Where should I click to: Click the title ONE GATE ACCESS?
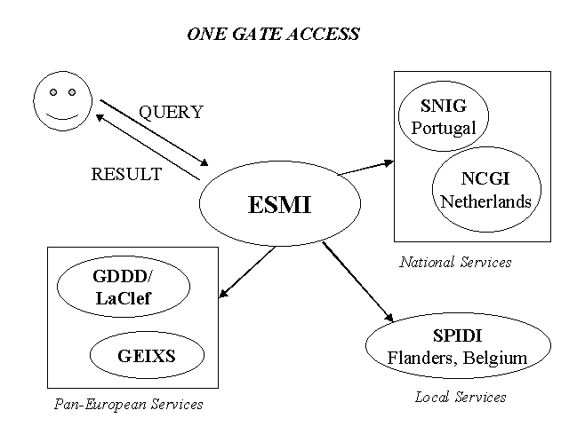click(274, 35)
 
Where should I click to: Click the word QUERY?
click(171, 113)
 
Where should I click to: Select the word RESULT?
click(126, 174)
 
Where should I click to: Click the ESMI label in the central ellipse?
click(279, 205)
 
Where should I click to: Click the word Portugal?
click(444, 128)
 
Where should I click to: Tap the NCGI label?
click(485, 181)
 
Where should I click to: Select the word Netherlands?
click(485, 201)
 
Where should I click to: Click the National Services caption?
click(455, 262)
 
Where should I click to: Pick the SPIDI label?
click(457, 338)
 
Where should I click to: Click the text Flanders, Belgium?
click(457, 359)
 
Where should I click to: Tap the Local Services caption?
click(461, 397)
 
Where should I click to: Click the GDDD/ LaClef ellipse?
click(124, 287)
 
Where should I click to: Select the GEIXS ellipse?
click(147, 357)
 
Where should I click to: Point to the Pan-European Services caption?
click(128, 405)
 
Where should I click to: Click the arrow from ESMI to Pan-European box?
click(246, 274)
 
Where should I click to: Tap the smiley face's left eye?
click(53, 91)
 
